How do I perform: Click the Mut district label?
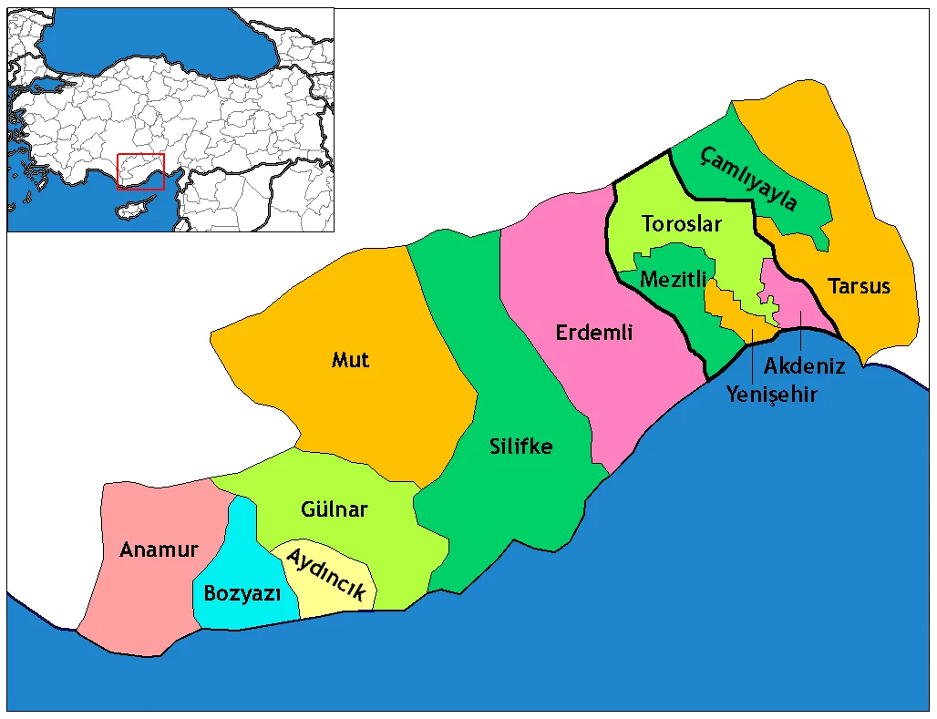(x=350, y=360)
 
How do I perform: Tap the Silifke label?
(x=520, y=447)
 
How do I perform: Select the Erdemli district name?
(x=593, y=333)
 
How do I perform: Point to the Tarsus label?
(x=859, y=286)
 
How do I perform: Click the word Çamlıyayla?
(x=749, y=178)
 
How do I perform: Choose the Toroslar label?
(x=681, y=223)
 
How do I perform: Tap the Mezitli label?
(x=674, y=280)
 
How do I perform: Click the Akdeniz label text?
(x=804, y=366)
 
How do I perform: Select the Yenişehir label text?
(x=771, y=395)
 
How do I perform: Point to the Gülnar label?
(x=334, y=508)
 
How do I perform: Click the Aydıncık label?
(x=326, y=573)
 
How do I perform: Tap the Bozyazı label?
(x=241, y=593)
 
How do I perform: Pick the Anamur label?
(x=159, y=550)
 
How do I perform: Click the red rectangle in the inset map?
(x=140, y=171)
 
